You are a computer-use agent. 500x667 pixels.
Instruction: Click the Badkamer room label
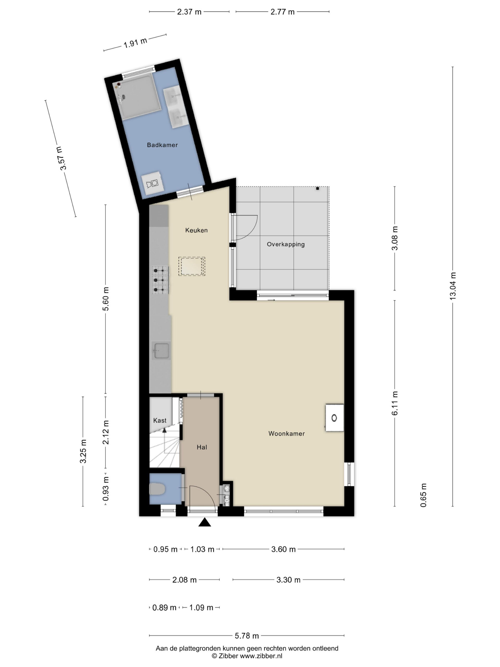[162, 145]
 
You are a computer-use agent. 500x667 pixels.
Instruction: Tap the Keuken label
[196, 230]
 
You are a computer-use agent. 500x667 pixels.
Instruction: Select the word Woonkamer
[286, 434]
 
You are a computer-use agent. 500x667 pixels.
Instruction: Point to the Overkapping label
[286, 245]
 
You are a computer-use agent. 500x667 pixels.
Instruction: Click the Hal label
[202, 447]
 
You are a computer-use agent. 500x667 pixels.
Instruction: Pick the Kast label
[160, 420]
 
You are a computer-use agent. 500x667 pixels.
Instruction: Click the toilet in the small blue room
[157, 489]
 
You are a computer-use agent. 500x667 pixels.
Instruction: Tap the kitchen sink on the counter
[161, 351]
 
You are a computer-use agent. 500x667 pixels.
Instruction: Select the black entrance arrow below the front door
[204, 522]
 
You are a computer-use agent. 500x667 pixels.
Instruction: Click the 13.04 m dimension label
[453, 286]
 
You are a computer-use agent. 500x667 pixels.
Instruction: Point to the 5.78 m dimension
[247, 636]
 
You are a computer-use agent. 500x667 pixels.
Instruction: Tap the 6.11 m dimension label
[395, 403]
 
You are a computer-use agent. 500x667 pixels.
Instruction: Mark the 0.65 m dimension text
[423, 495]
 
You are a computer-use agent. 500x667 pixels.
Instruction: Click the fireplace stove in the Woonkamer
[334, 418]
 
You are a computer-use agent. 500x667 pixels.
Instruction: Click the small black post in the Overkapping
[317, 188]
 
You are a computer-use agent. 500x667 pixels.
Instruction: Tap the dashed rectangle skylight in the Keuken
[192, 266]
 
